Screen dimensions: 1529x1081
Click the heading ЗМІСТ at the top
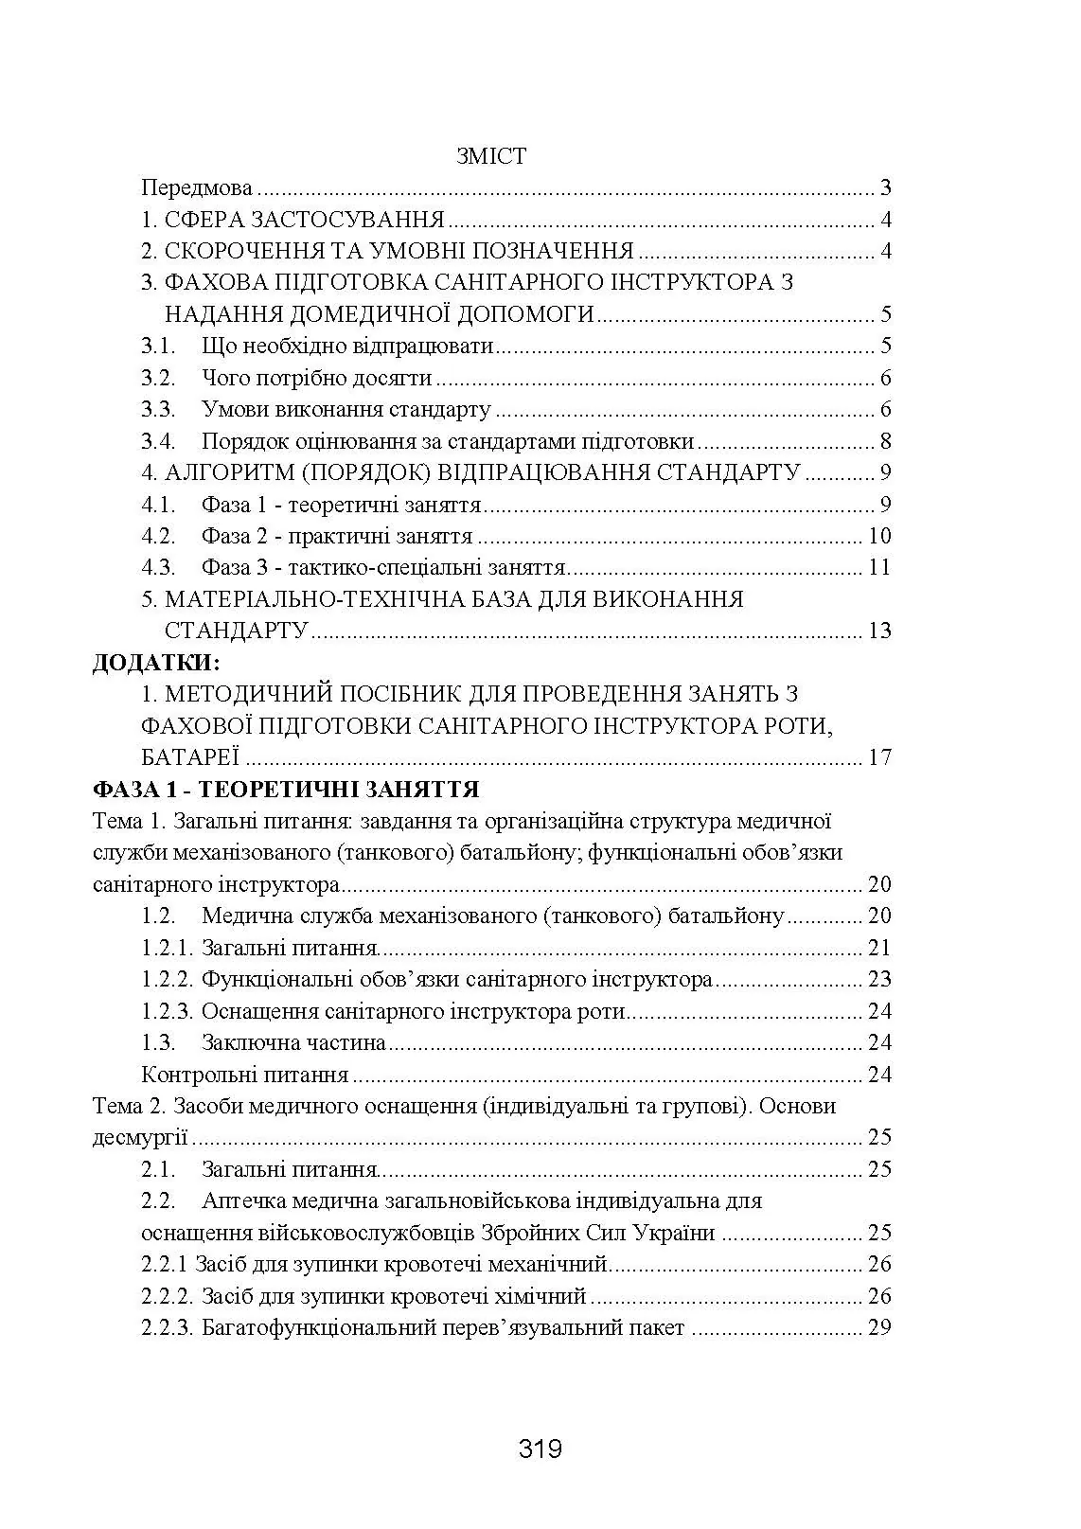490,156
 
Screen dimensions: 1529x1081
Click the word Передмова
197,187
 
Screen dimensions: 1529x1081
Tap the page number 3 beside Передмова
885,187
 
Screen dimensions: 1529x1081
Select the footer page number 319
540,1449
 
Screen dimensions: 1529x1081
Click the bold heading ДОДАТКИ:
155,662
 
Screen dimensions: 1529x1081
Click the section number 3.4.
158,441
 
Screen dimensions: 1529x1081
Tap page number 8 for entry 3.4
885,441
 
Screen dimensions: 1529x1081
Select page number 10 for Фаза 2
879,536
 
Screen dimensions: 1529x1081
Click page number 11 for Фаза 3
879,567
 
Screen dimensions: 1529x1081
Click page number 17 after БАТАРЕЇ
879,757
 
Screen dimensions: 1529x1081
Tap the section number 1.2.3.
168,1011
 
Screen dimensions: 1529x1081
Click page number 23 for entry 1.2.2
879,979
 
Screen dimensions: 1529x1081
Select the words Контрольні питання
244,1075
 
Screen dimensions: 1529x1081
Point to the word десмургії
139,1137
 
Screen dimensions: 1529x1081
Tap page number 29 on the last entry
879,1327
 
